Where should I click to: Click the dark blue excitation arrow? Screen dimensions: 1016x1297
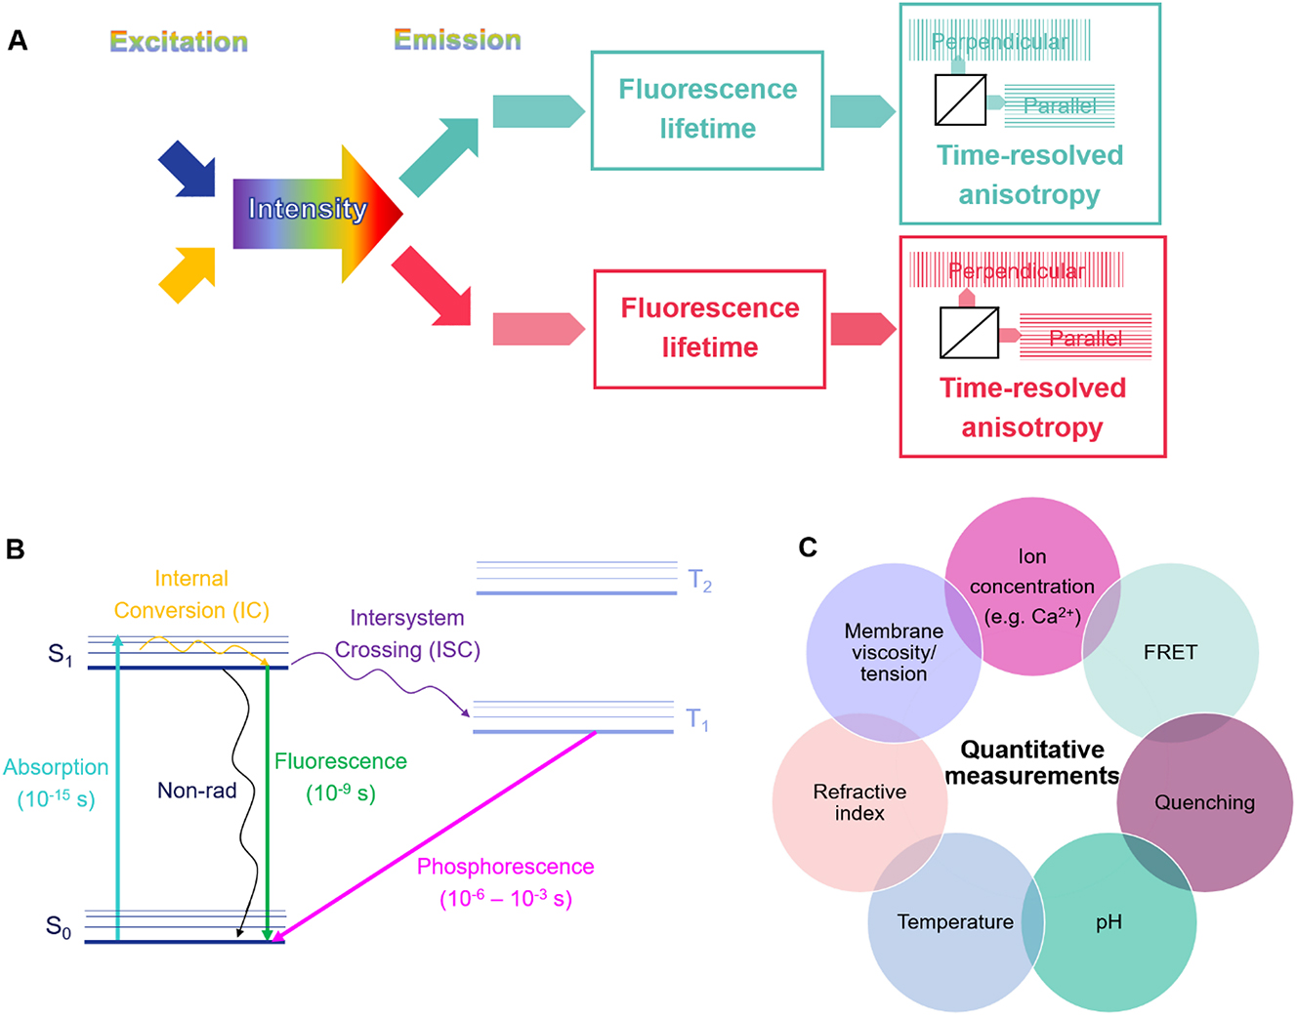[x=188, y=170]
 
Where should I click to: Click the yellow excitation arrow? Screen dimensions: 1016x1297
[x=188, y=273]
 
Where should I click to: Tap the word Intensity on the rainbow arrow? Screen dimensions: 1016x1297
[x=307, y=209]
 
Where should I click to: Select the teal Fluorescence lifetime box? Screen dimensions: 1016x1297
[x=707, y=109]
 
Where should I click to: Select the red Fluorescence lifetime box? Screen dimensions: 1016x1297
[x=709, y=328]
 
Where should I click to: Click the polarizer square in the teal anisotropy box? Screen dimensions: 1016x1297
[x=960, y=101]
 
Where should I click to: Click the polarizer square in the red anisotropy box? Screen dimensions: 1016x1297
[x=968, y=333]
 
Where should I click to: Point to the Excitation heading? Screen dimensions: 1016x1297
[x=179, y=42]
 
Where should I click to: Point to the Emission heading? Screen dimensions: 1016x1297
[x=457, y=40]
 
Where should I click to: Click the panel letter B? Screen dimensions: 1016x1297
[x=15, y=549]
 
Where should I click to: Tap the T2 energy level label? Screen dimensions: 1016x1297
[x=699, y=581]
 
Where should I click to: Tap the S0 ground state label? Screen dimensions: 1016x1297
[x=59, y=926]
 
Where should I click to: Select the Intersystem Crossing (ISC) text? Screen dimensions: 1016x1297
[x=407, y=633]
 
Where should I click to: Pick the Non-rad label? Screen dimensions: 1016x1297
[x=196, y=791]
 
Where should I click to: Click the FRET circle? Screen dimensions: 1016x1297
[x=1170, y=652]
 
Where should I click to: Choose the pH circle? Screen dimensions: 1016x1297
[x=1109, y=922]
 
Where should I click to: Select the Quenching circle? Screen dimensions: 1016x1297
[x=1204, y=802]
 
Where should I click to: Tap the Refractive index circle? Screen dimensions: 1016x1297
[x=859, y=802]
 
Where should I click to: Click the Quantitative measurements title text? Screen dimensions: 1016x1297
[x=1032, y=762]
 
